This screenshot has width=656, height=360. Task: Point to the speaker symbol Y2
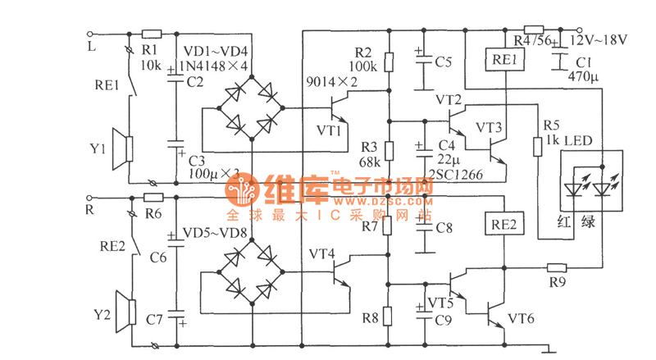coord(124,312)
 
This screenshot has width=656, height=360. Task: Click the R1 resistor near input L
coord(152,34)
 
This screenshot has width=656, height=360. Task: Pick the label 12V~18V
coord(599,39)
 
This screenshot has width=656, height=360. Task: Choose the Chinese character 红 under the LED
coord(563,221)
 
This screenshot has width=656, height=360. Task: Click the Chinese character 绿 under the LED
coord(587,221)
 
